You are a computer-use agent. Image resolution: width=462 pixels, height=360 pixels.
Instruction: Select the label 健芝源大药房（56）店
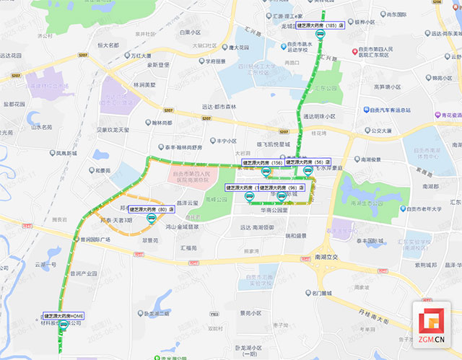click(x=308, y=162)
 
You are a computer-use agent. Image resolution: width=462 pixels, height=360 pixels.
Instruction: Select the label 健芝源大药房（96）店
click(x=281, y=187)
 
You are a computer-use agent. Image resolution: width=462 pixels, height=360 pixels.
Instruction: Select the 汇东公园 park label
click(x=326, y=88)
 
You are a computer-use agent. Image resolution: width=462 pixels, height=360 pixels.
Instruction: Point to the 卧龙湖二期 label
click(x=157, y=314)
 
